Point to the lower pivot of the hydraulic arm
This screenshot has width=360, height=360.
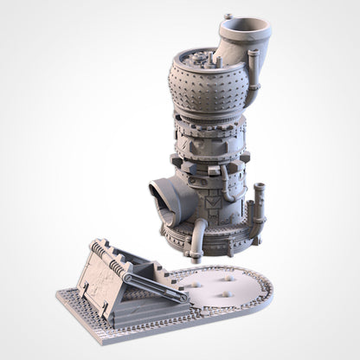[x=183, y=298]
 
